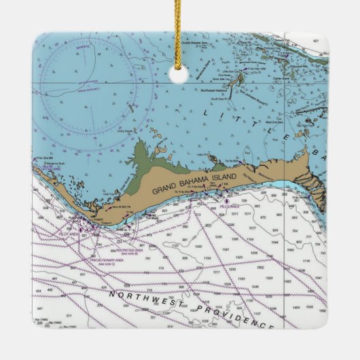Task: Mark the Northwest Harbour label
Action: (215, 90)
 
